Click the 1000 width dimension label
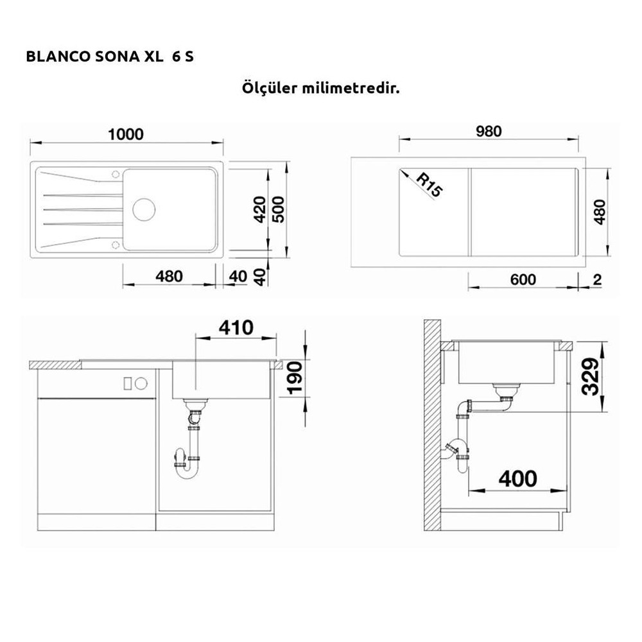tap(126, 134)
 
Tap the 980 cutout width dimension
tap(489, 132)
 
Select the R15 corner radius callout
tap(429, 185)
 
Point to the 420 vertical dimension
tap(259, 210)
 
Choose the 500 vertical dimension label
tap(278, 210)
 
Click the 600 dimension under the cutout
tap(523, 280)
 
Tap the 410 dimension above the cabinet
tap(236, 327)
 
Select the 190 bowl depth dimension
tap(295, 378)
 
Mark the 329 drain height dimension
tap(591, 377)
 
